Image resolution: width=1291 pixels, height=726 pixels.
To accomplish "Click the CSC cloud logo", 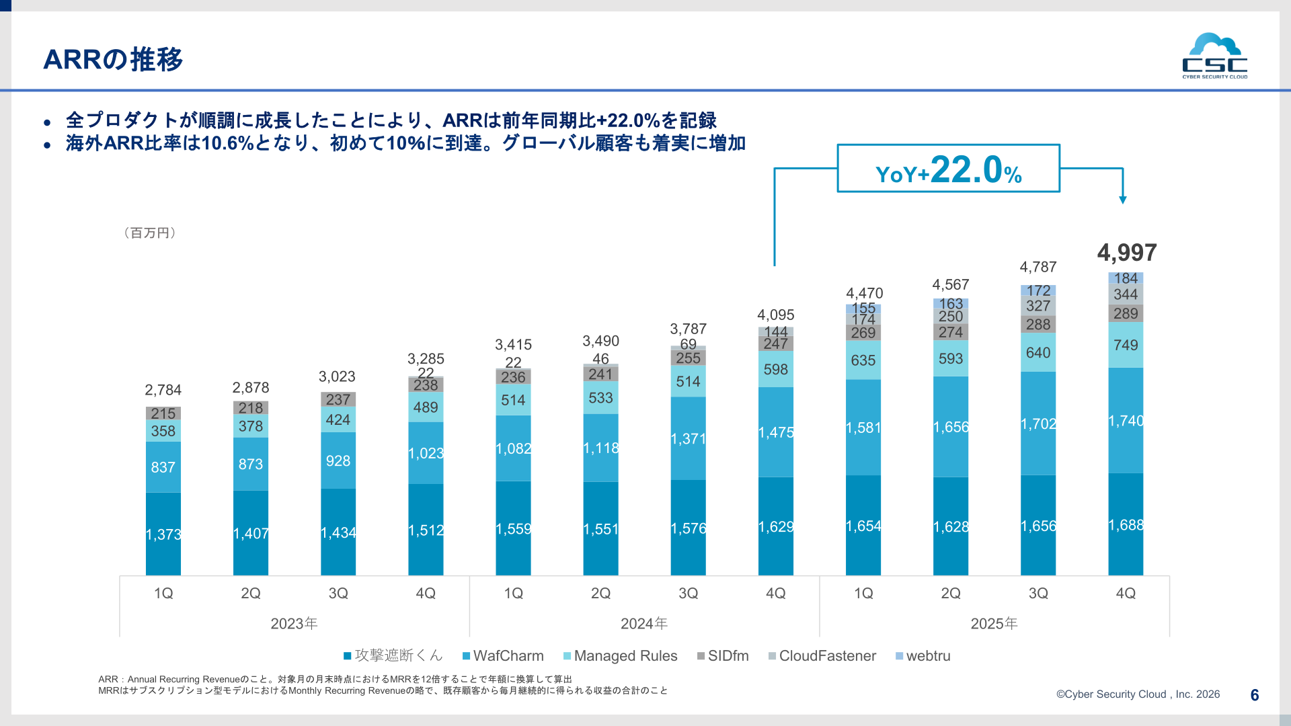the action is pyautogui.click(x=1214, y=56).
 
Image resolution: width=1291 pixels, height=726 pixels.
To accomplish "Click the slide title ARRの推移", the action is pyautogui.click(x=113, y=59).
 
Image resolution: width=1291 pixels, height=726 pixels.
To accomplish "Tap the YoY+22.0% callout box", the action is pyautogui.click(x=948, y=168).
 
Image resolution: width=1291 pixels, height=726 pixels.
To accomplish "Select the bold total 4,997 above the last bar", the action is pyautogui.click(x=1126, y=253).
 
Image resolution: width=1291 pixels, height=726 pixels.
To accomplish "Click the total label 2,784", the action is pyautogui.click(x=163, y=390).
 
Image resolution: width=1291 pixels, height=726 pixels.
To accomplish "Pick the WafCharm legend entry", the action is pyautogui.click(x=503, y=655).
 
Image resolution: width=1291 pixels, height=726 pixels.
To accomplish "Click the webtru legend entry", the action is pyautogui.click(x=923, y=655).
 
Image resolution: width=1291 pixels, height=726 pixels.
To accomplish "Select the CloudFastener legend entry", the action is pyautogui.click(x=822, y=655).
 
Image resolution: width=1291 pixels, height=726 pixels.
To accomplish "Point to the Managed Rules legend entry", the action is pyautogui.click(x=621, y=655).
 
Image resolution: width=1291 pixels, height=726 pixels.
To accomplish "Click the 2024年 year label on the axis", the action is pyautogui.click(x=644, y=624).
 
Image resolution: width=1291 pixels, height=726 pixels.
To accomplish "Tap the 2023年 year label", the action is pyautogui.click(x=294, y=624).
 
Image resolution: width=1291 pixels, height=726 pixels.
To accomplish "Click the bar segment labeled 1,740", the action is pyautogui.click(x=1126, y=421).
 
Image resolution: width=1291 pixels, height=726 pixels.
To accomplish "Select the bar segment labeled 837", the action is pyautogui.click(x=163, y=467).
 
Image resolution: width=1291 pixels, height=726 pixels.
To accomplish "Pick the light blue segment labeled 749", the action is pyautogui.click(x=1126, y=345).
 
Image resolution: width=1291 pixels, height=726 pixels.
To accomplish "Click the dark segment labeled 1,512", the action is pyautogui.click(x=426, y=530).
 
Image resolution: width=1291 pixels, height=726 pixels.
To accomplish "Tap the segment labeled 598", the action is pyautogui.click(x=776, y=369).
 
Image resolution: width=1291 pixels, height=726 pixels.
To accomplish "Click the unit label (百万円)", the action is pyautogui.click(x=150, y=233).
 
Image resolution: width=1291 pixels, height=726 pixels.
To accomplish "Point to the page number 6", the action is pyautogui.click(x=1255, y=695).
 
